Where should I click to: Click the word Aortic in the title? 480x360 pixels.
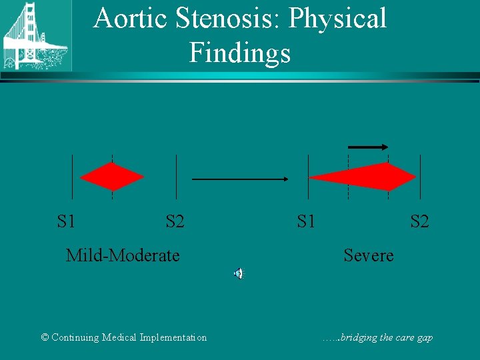coord(130,19)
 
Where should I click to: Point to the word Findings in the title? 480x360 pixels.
coord(240,53)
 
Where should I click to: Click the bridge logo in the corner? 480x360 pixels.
coord(33,35)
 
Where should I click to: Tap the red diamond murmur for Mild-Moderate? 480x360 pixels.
coord(112,177)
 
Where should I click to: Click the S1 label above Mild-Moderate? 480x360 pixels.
coord(66,221)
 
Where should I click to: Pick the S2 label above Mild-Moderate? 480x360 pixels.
coord(175,221)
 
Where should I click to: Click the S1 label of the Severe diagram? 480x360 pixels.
coord(306,221)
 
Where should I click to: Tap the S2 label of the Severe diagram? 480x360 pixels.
coord(419,221)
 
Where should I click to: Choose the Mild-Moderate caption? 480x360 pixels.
coord(123,255)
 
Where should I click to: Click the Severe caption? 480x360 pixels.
coord(369,255)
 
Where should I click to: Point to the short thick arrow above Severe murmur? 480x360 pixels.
coord(369,147)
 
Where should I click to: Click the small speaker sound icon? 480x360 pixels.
coord(238,273)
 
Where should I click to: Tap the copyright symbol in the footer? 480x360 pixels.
coord(45,337)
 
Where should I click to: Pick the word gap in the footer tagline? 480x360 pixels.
coord(425,338)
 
